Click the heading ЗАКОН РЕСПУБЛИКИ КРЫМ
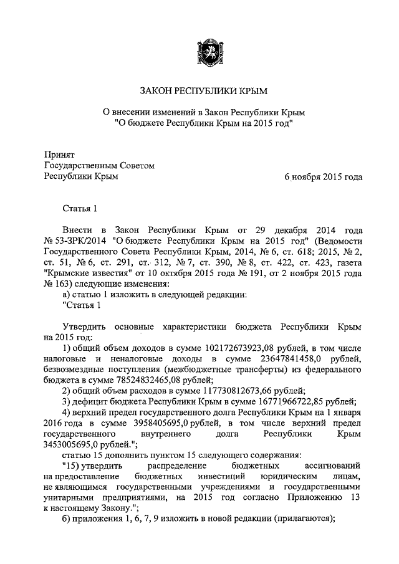coord(203,92)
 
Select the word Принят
coord(59,154)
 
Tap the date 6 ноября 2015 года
coord(323,177)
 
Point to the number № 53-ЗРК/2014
coord(73,241)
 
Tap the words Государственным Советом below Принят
coord(99,165)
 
